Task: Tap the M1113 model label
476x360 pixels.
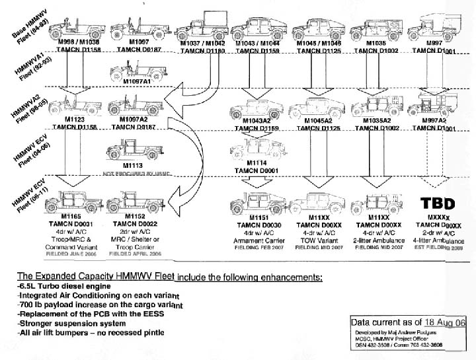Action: [x=132, y=166]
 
